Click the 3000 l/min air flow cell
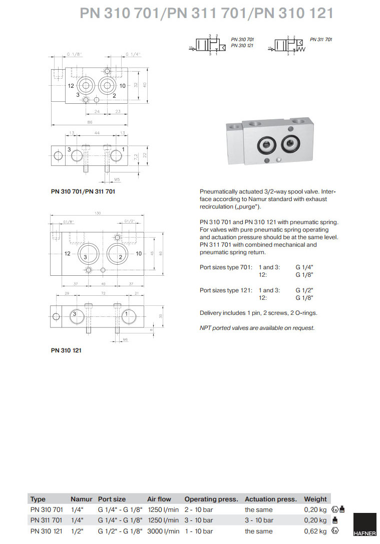[x=163, y=531]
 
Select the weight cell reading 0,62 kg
[x=315, y=531]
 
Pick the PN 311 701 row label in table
[x=47, y=520]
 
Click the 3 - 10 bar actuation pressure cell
[x=259, y=520]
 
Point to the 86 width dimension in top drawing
[x=90, y=122]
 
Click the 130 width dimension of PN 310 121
[x=98, y=214]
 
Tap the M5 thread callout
[x=117, y=178]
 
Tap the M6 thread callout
[x=126, y=339]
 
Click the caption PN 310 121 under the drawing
[x=66, y=350]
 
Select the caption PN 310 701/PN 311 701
[x=83, y=191]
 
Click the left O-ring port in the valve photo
[x=265, y=145]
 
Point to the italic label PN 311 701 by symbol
[x=321, y=39]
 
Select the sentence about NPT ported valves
[x=257, y=328]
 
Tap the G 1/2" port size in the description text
[x=304, y=290]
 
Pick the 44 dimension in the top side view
[x=97, y=133]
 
